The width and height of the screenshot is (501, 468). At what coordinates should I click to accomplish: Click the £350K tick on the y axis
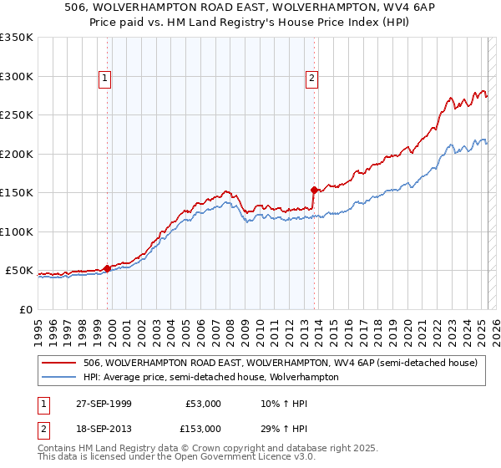tap(17, 38)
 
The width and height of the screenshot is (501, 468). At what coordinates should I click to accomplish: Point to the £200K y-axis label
tap(17, 155)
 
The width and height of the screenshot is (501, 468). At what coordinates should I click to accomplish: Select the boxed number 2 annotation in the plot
tap(311, 79)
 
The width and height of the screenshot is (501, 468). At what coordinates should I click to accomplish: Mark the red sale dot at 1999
tap(107, 268)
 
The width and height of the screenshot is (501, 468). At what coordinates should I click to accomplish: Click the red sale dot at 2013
tap(313, 190)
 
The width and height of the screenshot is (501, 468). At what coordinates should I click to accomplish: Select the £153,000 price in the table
tap(203, 429)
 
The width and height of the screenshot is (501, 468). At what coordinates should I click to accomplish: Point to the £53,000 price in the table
tap(203, 404)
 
